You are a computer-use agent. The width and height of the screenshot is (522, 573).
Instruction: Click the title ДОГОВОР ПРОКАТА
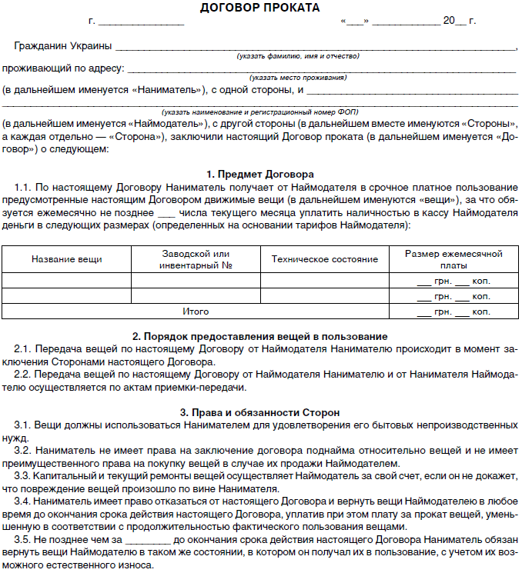pyautogui.click(x=259, y=8)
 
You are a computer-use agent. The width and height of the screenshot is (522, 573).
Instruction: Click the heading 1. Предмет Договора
pyautogui.click(x=260, y=174)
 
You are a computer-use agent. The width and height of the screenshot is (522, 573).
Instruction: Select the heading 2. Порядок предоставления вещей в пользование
pyautogui.click(x=259, y=337)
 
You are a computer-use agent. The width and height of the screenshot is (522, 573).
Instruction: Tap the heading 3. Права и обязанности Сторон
pyautogui.click(x=259, y=412)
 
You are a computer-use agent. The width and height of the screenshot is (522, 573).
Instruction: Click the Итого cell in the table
pyautogui.click(x=196, y=311)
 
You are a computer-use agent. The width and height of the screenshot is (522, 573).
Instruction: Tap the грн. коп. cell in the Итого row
pyautogui.click(x=453, y=312)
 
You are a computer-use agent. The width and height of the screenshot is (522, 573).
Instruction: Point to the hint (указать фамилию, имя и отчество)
pyautogui.click(x=297, y=56)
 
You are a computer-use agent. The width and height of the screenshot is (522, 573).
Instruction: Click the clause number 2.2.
pyautogui.click(x=22, y=374)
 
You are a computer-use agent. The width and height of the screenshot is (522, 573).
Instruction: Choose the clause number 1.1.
pyautogui.click(x=22, y=187)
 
